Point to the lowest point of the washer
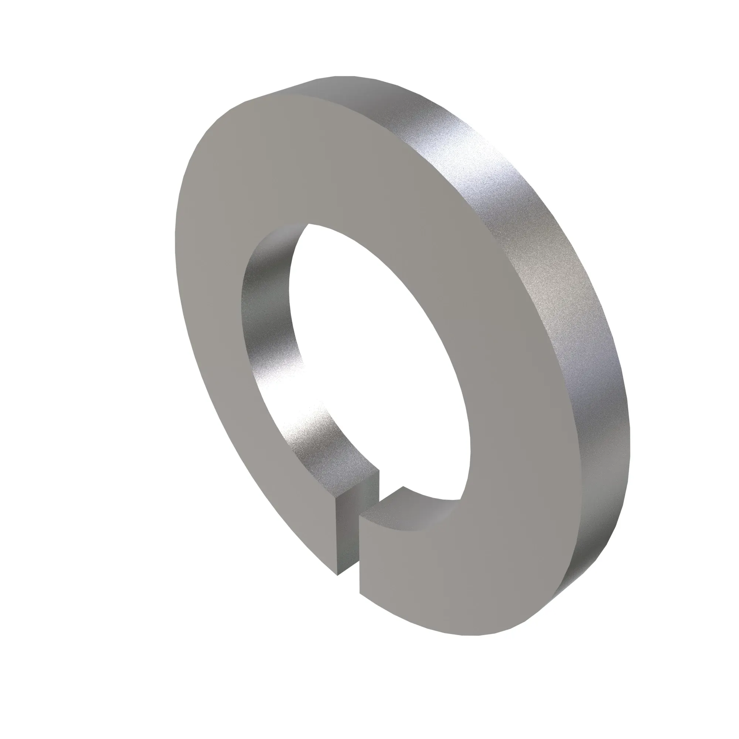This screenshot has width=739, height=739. pos(474,636)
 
